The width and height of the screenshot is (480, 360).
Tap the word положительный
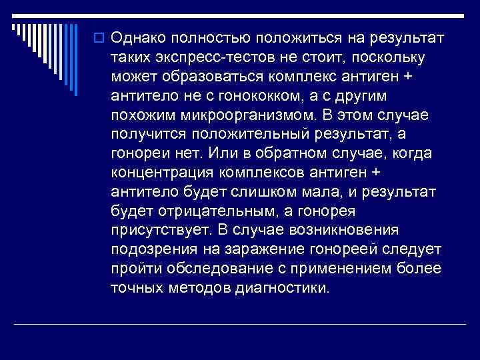pyautogui.click(x=241, y=134)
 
